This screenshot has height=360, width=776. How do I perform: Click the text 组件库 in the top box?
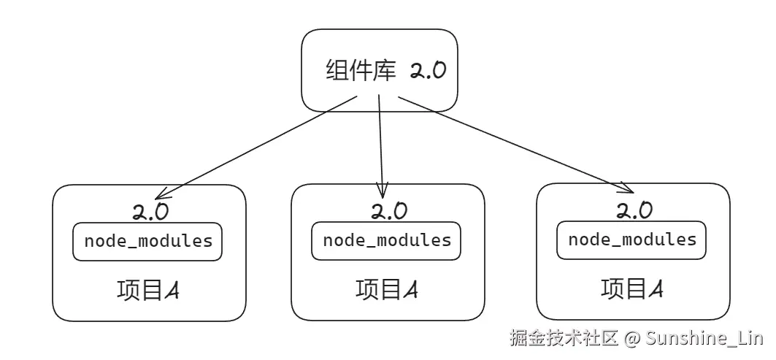(x=361, y=72)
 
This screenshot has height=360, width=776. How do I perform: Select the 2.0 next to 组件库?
(x=427, y=72)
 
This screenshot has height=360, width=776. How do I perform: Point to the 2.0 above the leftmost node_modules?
(x=150, y=212)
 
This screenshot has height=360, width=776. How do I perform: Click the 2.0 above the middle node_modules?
(x=389, y=211)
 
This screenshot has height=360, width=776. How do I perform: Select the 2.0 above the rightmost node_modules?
(x=634, y=211)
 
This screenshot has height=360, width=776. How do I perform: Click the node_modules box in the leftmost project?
(x=147, y=241)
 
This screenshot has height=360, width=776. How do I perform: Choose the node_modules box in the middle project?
(x=386, y=241)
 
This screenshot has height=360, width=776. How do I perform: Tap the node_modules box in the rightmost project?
(x=631, y=240)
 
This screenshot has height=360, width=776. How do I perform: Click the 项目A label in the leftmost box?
(x=148, y=290)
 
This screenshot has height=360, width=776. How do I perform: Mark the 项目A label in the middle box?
(x=387, y=290)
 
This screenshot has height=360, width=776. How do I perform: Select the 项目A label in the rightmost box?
(x=632, y=289)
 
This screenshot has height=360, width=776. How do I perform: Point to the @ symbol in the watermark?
(x=632, y=339)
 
